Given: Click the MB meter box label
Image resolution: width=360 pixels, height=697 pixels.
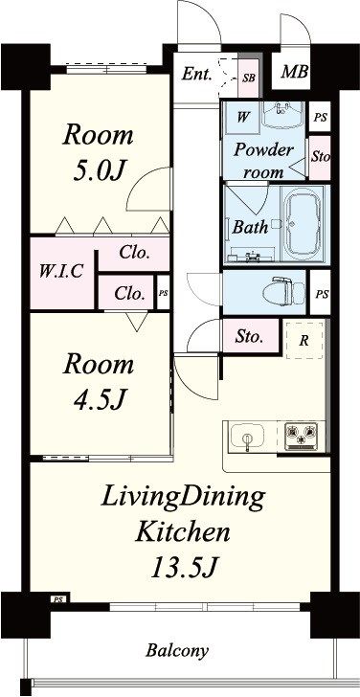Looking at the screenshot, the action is click(x=295, y=71).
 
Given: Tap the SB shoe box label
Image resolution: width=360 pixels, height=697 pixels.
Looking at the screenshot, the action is click(x=248, y=78).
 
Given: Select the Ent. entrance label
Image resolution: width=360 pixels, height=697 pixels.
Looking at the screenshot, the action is click(x=197, y=75).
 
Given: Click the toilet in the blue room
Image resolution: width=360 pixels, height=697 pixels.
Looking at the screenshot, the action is click(x=283, y=292).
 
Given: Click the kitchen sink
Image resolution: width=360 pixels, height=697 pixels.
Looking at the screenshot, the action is click(x=247, y=437).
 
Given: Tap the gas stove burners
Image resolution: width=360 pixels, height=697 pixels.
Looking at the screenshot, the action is click(x=302, y=436).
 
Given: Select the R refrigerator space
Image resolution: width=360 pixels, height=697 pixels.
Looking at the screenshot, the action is click(x=304, y=341).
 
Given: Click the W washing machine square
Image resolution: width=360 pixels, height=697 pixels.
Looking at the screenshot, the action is click(x=242, y=118).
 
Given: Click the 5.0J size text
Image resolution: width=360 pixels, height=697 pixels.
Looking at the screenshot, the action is click(x=98, y=171).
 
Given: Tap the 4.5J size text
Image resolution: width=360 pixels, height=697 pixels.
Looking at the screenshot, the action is click(x=98, y=400).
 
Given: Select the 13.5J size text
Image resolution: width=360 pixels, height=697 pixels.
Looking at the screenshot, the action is click(x=183, y=568).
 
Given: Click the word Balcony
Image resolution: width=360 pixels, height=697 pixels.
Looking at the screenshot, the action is click(x=177, y=651).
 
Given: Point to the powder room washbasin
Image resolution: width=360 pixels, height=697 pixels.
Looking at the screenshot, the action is click(x=283, y=115).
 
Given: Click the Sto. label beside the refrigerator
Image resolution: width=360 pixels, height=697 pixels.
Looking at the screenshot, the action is click(x=250, y=337).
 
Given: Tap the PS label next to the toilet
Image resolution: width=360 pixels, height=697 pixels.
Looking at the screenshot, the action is click(x=323, y=294).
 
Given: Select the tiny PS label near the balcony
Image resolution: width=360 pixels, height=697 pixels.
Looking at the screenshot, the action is click(x=58, y=599).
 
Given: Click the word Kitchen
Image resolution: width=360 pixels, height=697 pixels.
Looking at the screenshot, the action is click(x=183, y=531).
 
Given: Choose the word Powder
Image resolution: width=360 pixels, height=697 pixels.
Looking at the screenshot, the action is click(x=263, y=149).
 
